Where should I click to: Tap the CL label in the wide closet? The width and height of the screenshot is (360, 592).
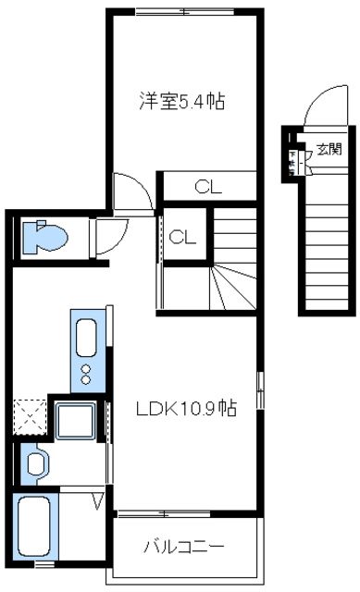(x=208, y=186)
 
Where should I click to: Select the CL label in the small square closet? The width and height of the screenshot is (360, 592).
(x=182, y=237)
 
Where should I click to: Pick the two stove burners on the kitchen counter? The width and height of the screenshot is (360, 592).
(x=86, y=374)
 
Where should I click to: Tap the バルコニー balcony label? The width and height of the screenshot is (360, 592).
(x=183, y=546)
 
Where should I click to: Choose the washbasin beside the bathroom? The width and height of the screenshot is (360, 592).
(x=36, y=462)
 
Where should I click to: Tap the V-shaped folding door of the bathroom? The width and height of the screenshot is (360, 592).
(x=99, y=503)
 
